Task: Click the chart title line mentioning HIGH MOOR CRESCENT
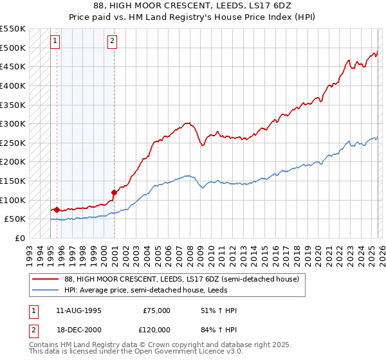(x=192, y=6)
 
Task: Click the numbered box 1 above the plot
(x=55, y=41)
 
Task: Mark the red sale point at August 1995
(x=57, y=209)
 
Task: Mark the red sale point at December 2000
(x=114, y=192)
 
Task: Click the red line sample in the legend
(x=45, y=280)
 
